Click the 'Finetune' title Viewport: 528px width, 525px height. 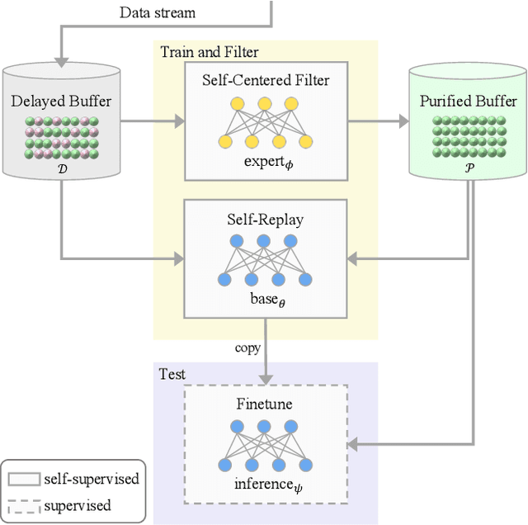(x=265, y=404)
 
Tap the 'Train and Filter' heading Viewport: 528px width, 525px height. (x=209, y=52)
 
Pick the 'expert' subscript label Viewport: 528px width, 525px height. (x=265, y=163)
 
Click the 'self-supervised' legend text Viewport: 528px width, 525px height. (x=95, y=479)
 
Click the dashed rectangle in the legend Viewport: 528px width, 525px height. (x=26, y=504)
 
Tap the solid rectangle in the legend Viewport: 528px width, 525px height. (x=26, y=479)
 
